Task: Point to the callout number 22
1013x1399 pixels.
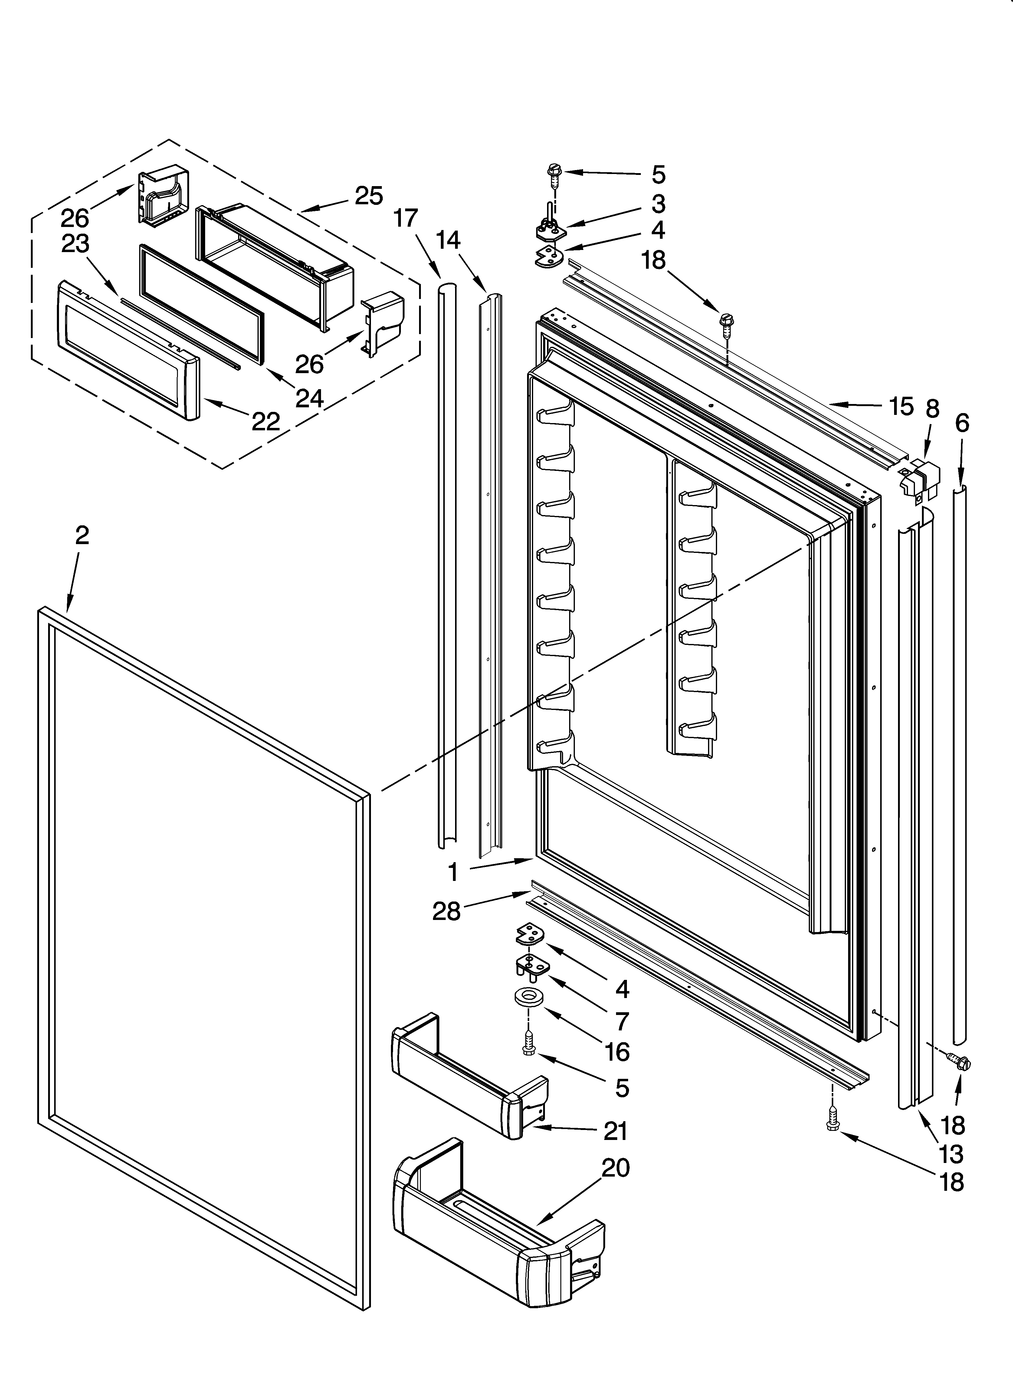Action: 266,421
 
